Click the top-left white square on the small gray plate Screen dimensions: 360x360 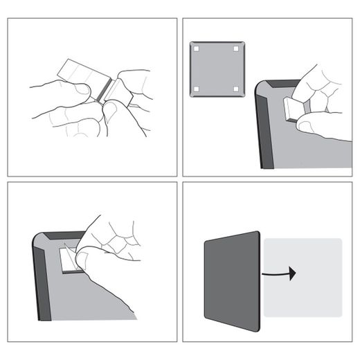click(197, 49)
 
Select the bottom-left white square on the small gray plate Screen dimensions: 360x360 click(197, 89)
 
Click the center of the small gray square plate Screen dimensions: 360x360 click(216, 69)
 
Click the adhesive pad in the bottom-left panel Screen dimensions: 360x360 click(67, 262)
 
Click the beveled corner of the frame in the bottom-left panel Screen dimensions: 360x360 click(43, 242)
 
